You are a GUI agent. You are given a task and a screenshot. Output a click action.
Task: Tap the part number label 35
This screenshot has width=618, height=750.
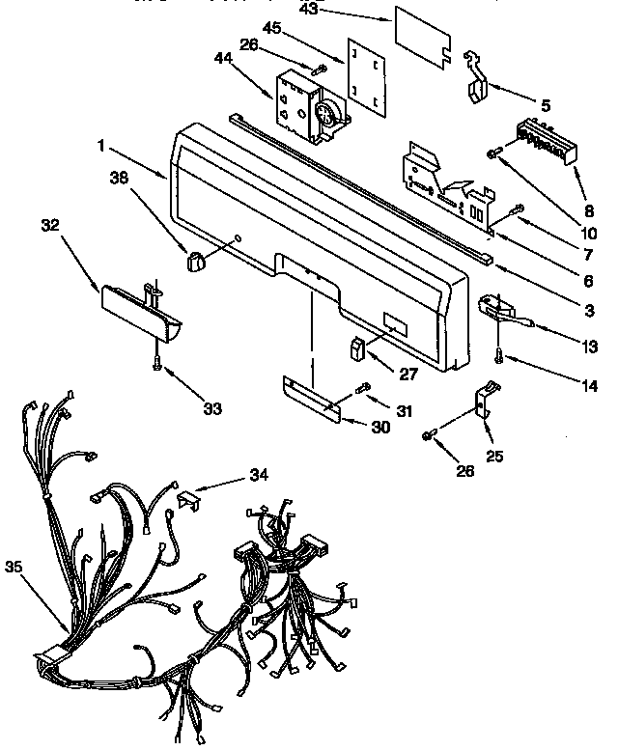tap(15, 567)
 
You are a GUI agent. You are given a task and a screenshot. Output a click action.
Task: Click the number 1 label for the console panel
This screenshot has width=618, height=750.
tap(99, 148)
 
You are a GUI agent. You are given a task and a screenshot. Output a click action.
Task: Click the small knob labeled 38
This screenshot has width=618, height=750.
tap(197, 261)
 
